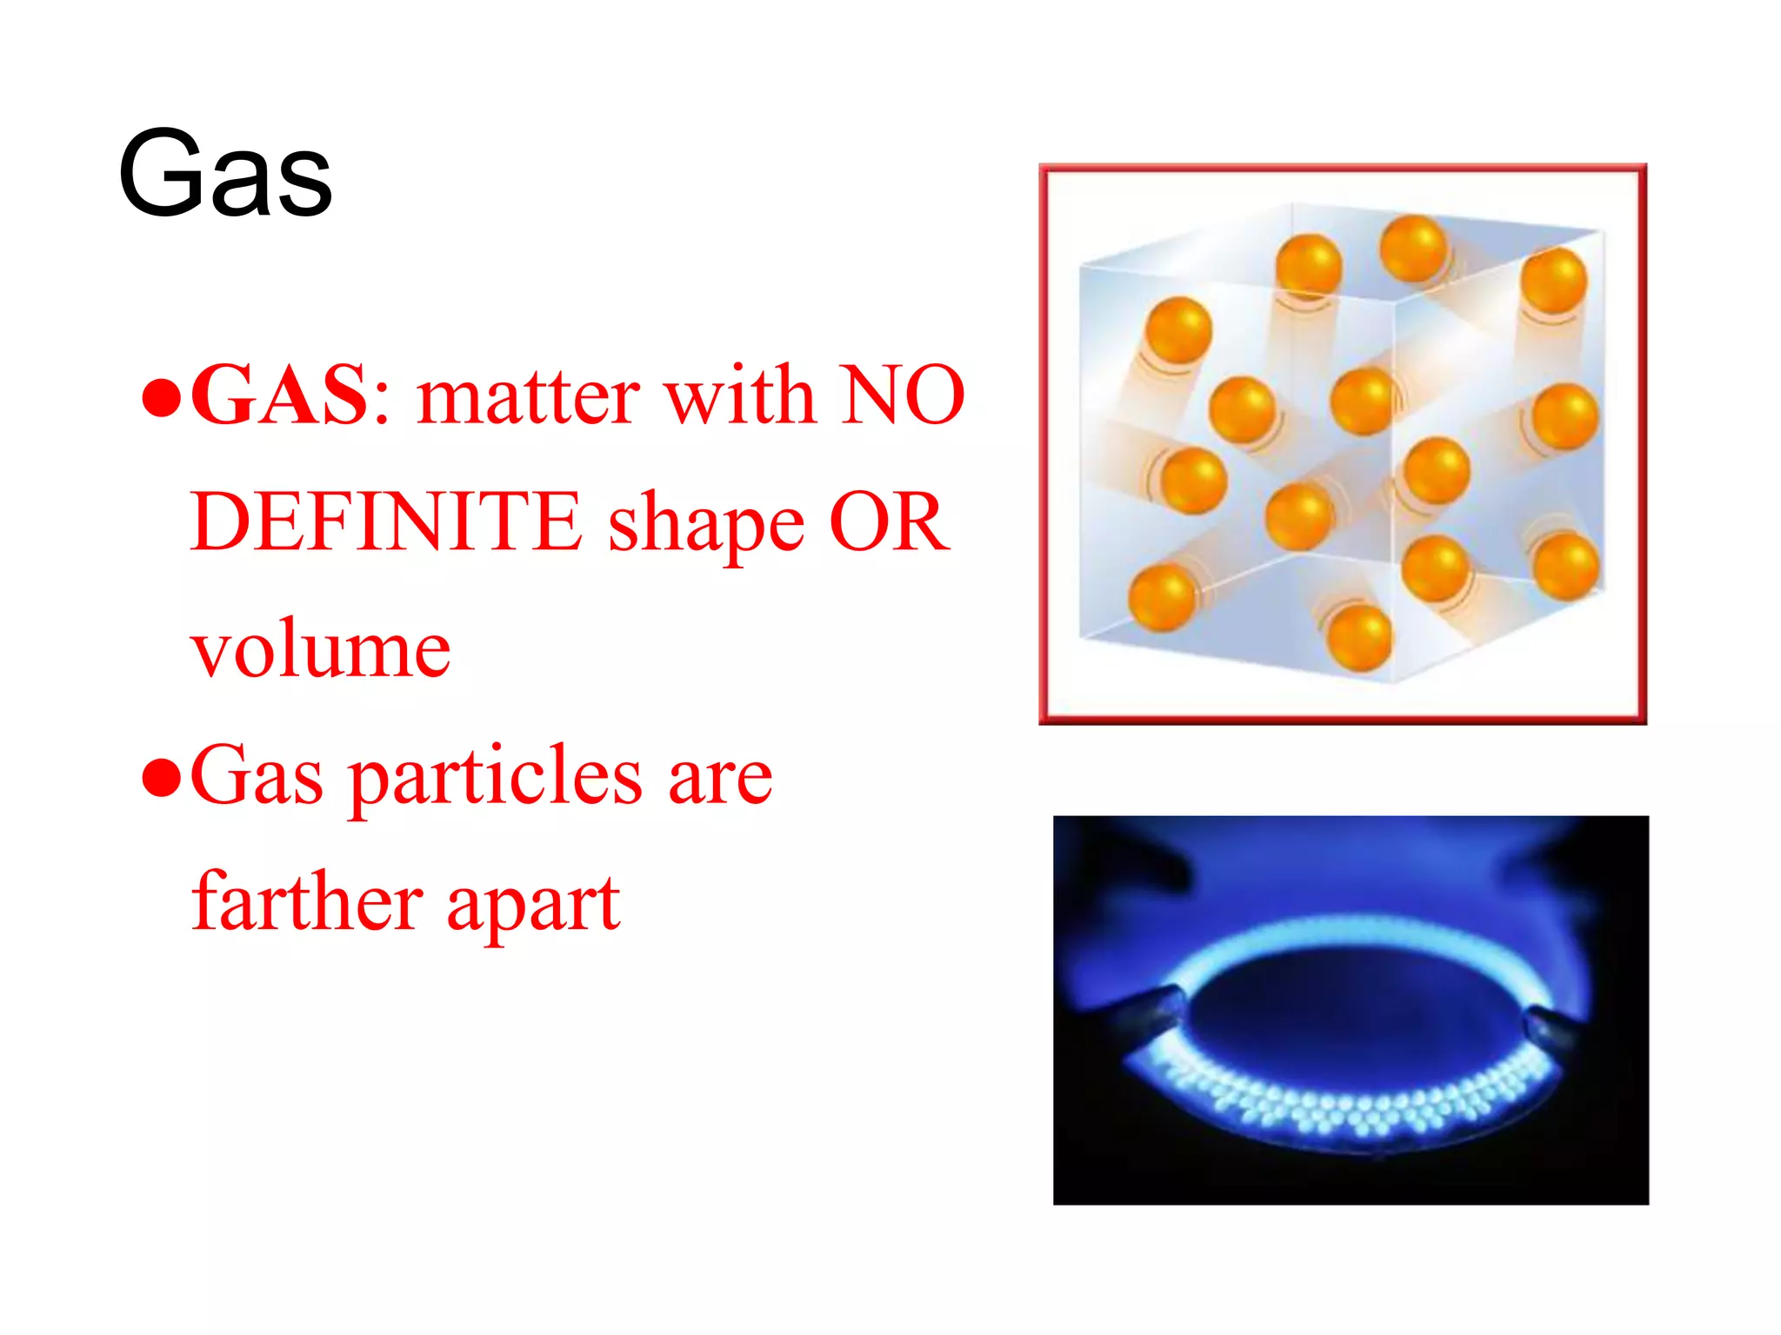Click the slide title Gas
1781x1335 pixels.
[x=224, y=174]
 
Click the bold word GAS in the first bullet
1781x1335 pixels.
[x=280, y=396]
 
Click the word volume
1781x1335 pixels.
[x=320, y=650]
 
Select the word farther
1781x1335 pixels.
[x=307, y=902]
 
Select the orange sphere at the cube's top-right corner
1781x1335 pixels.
[x=1554, y=280]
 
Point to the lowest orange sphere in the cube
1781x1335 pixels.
[x=1360, y=638]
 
